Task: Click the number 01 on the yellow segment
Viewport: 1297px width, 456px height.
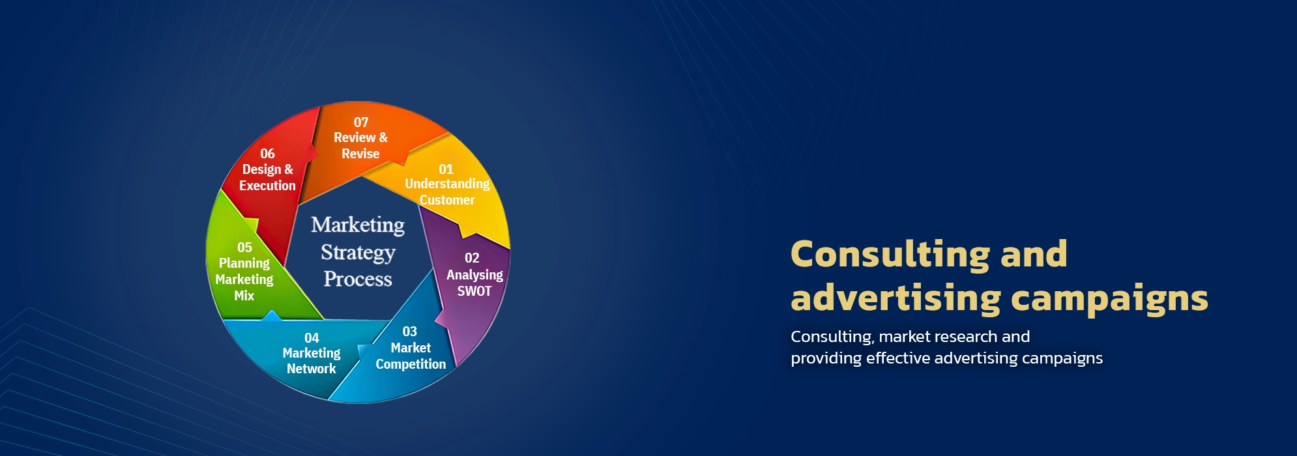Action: click(x=446, y=169)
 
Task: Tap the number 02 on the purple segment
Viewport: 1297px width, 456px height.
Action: click(x=472, y=258)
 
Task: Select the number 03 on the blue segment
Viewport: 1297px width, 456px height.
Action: click(x=409, y=332)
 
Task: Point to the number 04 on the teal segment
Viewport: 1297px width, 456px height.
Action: click(x=312, y=338)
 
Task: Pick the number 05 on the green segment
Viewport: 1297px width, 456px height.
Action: click(x=244, y=248)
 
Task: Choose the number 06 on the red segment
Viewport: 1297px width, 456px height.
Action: click(x=267, y=154)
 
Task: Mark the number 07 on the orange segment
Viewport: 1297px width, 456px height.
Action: click(x=361, y=122)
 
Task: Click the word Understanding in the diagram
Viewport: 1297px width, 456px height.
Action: click(x=447, y=184)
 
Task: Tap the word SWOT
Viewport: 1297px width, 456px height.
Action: click(x=474, y=291)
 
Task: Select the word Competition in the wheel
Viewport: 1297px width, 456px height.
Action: click(x=411, y=365)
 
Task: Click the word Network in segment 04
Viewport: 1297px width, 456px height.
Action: click(x=312, y=369)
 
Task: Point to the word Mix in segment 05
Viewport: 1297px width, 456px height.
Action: click(x=244, y=296)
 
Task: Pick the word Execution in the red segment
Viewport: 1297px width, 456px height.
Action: click(x=267, y=186)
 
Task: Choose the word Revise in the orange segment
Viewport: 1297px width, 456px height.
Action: click(x=360, y=154)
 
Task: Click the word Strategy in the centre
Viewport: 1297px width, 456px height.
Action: click(x=358, y=253)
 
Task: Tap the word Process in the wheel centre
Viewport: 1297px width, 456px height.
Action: click(x=358, y=279)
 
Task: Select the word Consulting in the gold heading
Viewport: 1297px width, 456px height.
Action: click(x=890, y=255)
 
